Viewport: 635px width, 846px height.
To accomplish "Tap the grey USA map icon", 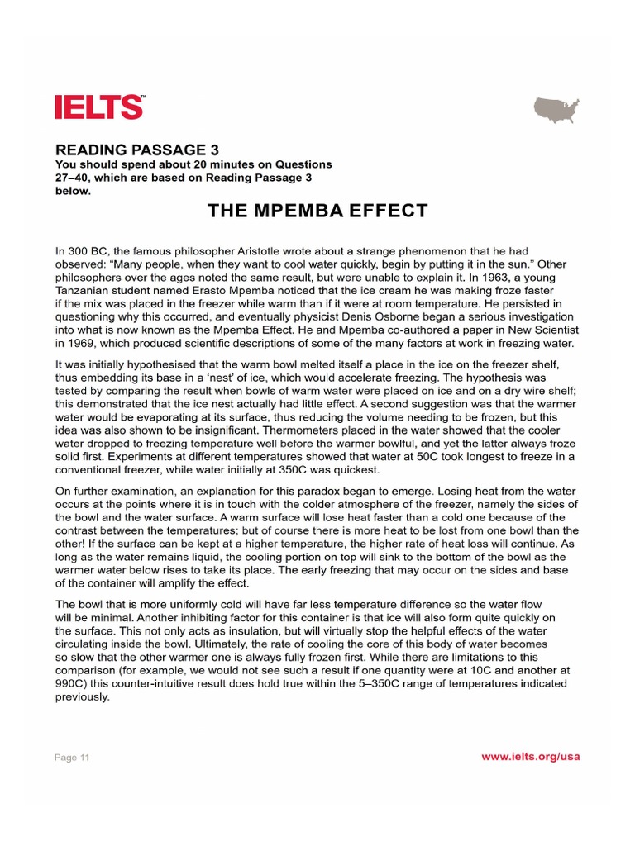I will click(556, 110).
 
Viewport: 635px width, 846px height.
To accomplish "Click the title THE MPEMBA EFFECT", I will click(317, 211).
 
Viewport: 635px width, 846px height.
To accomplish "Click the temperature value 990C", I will click(72, 684).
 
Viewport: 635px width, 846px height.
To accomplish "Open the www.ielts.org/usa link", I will click(530, 757).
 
